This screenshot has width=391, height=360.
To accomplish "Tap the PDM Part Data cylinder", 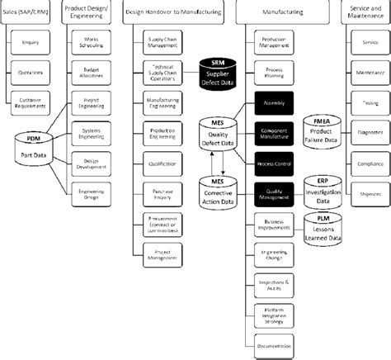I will pyautogui.click(x=35, y=147).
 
